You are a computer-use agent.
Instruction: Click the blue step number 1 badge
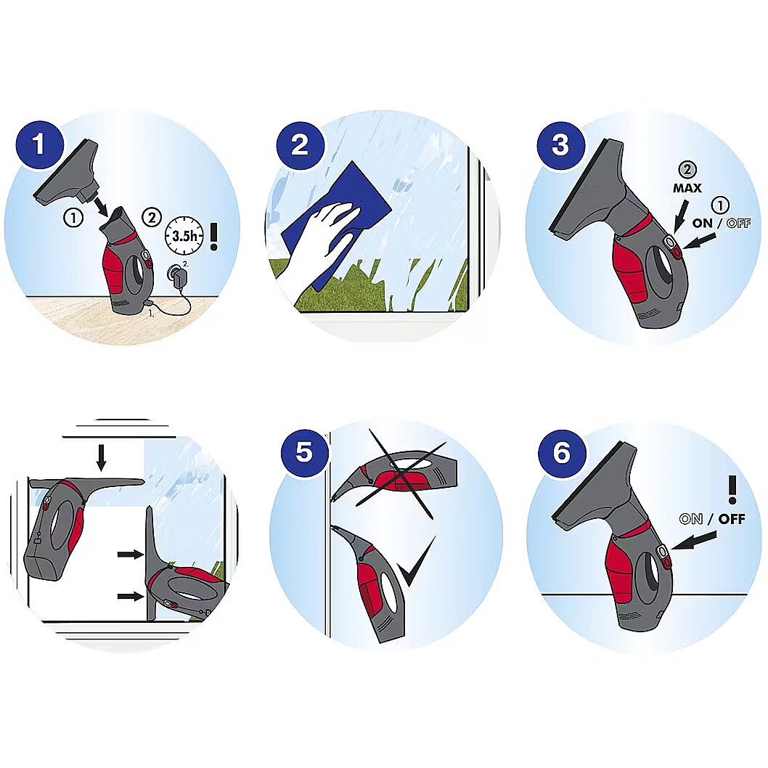coord(40,145)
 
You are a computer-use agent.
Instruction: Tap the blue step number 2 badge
coord(301,145)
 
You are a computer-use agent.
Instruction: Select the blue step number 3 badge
coord(561,145)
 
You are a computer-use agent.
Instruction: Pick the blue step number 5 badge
coord(304,452)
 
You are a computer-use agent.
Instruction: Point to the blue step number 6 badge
coord(563,452)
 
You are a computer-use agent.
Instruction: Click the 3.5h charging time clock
coord(184,236)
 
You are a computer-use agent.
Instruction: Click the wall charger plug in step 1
coord(176,273)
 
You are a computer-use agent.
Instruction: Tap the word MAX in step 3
coord(687,188)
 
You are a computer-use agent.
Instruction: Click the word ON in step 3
coord(703,224)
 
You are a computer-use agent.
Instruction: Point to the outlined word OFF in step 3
coord(739,224)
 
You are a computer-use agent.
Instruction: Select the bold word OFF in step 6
coord(732,519)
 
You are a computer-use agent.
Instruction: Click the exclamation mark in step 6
coord(732,489)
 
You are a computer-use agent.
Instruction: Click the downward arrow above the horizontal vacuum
coord(102,457)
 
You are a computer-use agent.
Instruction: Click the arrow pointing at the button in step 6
coord(693,541)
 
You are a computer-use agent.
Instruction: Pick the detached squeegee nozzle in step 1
coord(68,174)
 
